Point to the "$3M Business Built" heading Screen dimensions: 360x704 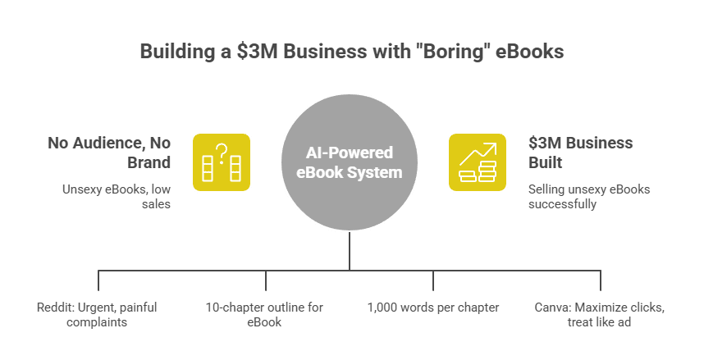pyautogui.click(x=580, y=153)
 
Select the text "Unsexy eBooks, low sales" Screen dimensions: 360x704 pyautogui.click(x=116, y=197)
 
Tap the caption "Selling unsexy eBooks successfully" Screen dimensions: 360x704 pyautogui.click(x=588, y=197)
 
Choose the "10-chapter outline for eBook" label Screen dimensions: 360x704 pyautogui.click(x=264, y=315)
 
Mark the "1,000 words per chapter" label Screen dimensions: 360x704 pyautogui.click(x=433, y=308)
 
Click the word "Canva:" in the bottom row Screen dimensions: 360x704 pyautogui.click(x=551, y=308)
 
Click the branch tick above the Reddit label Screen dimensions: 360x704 pyautogui.click(x=98, y=280)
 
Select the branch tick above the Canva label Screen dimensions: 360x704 pyautogui.click(x=601, y=280)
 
